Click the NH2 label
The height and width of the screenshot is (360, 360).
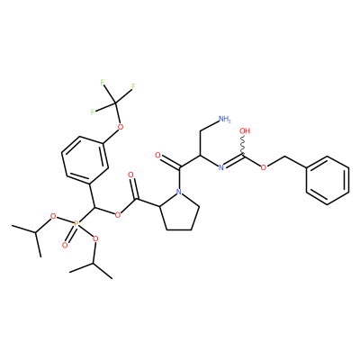click(225, 119)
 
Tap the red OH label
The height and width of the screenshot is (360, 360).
click(245, 131)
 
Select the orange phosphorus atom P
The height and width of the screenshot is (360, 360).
click(76, 223)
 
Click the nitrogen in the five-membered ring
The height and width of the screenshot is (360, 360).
click(179, 192)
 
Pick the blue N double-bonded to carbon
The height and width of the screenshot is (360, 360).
click(221, 167)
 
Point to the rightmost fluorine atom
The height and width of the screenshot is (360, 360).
click(133, 86)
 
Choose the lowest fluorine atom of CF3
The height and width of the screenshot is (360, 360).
click(93, 112)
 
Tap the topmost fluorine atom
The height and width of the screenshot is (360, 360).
click(103, 82)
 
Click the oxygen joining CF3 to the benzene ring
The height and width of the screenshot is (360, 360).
click(121, 127)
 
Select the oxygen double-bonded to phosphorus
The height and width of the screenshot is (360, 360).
click(65, 246)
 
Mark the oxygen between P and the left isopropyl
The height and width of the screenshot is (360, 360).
click(53, 216)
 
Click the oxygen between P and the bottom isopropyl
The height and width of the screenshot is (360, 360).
click(95, 238)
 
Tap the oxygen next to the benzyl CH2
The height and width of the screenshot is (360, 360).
click(264, 167)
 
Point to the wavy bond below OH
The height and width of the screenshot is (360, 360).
click(243, 146)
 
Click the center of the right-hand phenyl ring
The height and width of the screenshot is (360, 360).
click(328, 180)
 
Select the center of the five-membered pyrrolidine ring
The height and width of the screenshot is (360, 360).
click(178, 212)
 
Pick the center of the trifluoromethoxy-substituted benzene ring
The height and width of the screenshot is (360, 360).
click(85, 160)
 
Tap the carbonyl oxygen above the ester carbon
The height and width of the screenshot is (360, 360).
click(130, 175)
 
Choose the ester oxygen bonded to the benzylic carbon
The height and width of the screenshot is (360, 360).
click(118, 214)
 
